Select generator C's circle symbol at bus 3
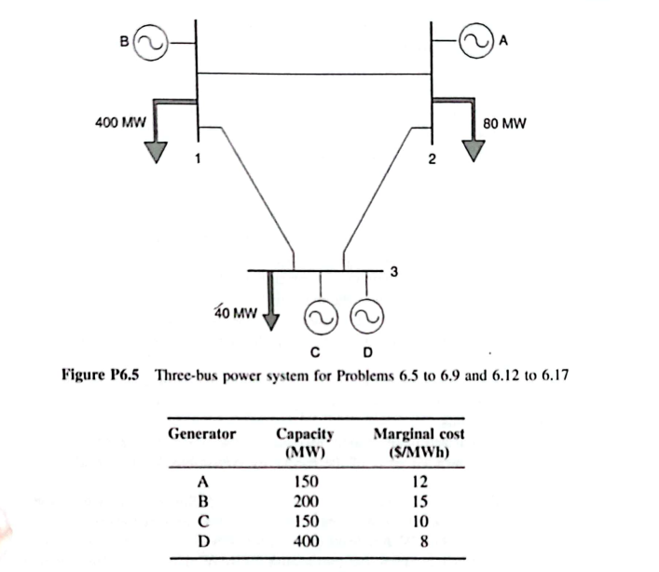[315, 320]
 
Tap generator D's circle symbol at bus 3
[365, 320]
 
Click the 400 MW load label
[119, 122]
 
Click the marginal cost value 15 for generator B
[419, 501]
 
